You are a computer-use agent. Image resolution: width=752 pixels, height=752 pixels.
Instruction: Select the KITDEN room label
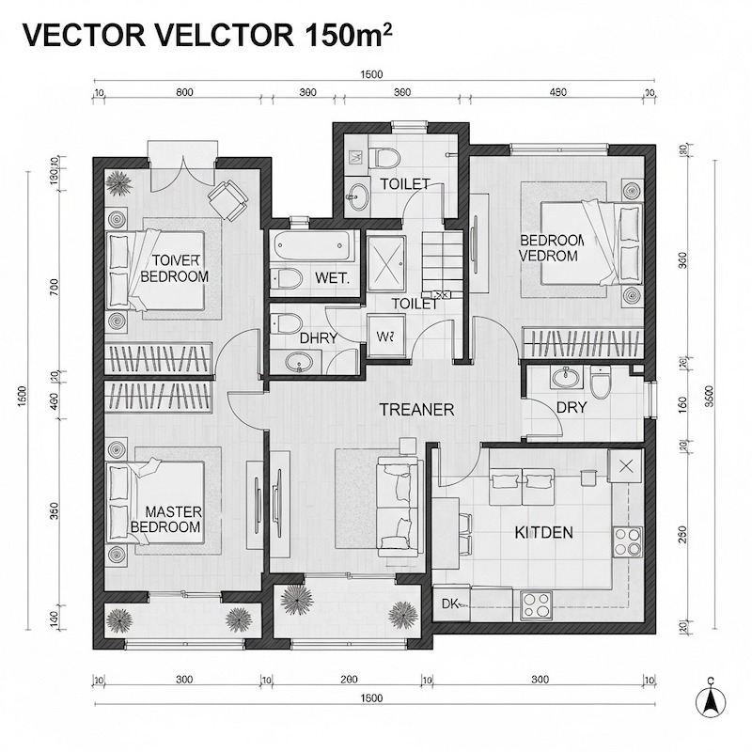543,533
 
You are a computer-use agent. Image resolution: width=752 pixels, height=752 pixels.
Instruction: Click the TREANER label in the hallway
416,410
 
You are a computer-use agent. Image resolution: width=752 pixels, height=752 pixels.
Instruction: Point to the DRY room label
572,409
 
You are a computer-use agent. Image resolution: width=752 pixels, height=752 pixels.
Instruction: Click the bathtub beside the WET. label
314,247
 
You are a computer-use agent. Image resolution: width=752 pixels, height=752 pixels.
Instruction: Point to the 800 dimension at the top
184,92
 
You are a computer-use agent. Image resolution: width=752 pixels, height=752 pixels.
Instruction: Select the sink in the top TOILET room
358,196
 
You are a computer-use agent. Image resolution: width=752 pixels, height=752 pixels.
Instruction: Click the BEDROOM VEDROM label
552,248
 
